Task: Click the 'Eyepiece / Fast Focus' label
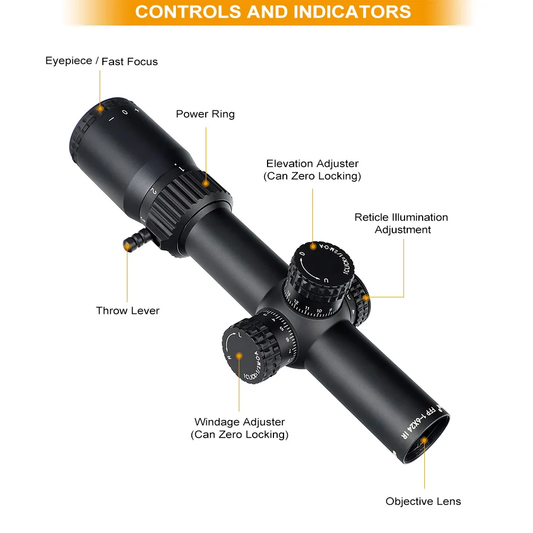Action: [101, 61]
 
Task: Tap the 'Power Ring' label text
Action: [205, 114]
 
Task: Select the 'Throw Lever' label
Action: [127, 311]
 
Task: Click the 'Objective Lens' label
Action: [423, 502]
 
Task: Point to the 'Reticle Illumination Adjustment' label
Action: [401, 223]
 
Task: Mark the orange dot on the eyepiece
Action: [100, 108]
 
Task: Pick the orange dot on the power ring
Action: [206, 183]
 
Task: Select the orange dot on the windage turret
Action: [239, 355]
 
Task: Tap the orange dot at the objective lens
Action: [425, 440]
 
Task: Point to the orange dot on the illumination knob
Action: [366, 297]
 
